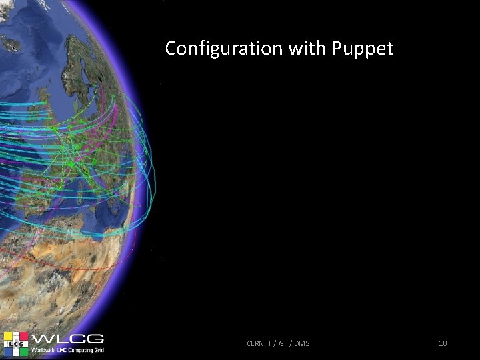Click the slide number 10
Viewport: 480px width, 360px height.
(443, 343)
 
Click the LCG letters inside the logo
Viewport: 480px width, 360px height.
(15, 343)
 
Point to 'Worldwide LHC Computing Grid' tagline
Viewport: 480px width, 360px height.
(71, 349)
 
